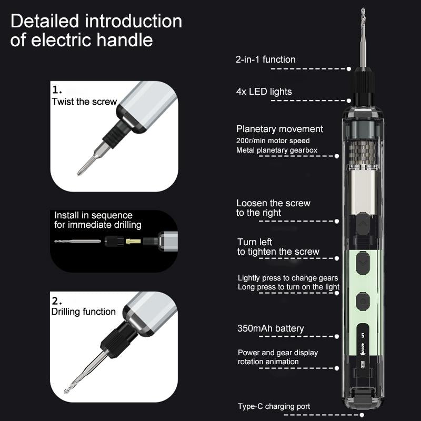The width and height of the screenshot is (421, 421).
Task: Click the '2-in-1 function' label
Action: (x=265, y=59)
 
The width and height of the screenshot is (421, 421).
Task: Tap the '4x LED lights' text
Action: (x=264, y=92)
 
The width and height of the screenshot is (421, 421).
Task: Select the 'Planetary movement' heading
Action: (x=279, y=129)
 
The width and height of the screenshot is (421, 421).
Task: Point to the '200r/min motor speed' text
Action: (x=273, y=141)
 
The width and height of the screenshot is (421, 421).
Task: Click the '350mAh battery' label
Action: (x=270, y=328)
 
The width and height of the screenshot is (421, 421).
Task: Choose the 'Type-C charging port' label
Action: (x=274, y=406)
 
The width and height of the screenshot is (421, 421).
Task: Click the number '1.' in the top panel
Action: (x=57, y=90)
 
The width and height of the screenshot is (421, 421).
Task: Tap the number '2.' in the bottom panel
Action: (x=57, y=300)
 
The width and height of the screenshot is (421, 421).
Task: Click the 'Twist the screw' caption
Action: (x=84, y=102)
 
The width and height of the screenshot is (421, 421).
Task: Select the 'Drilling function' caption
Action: (x=83, y=312)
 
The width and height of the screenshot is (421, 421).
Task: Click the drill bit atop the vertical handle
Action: (x=363, y=37)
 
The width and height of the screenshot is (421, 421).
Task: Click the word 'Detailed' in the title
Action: (x=45, y=22)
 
